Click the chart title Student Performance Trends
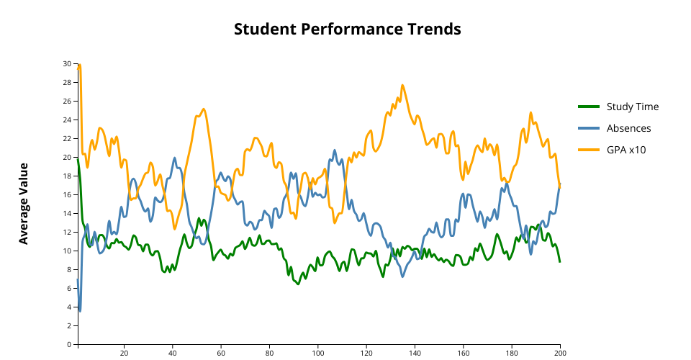click(347, 30)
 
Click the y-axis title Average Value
click(24, 204)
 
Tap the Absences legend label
click(628, 128)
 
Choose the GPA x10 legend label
click(626, 150)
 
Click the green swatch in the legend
click(588, 107)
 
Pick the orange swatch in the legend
click(588, 150)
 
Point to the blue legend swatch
click(588, 128)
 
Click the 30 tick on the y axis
click(67, 64)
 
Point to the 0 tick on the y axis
click(70, 344)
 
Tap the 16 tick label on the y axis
click(67, 195)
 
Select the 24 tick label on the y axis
click(67, 120)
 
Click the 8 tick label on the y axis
click(70, 269)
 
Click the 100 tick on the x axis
click(319, 354)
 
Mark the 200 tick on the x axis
click(559, 354)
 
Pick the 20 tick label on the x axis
click(125, 354)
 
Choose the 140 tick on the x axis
click(415, 354)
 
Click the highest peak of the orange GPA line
click(79, 65)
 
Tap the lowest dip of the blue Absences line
click(80, 310)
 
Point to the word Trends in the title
click(432, 30)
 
